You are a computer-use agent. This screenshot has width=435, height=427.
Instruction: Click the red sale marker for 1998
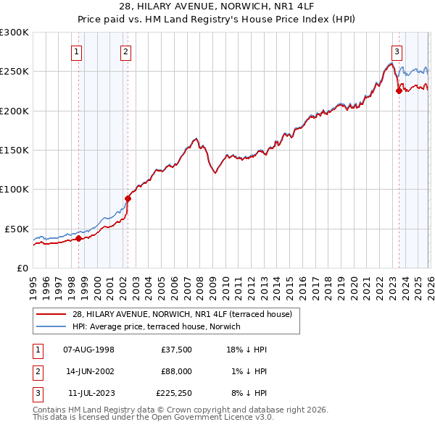pos(78,238)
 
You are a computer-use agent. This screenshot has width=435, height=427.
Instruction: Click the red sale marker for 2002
pos(128,198)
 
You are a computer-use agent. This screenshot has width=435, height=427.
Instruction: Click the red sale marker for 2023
pos(398,90)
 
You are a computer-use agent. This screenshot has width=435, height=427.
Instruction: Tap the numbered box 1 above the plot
pos(77,51)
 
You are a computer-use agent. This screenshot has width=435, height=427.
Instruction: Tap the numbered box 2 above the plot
pos(125,51)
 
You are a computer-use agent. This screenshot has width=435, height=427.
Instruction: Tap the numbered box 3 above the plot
pos(397,51)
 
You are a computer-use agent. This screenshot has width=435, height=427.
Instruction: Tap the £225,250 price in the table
pos(174,393)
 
